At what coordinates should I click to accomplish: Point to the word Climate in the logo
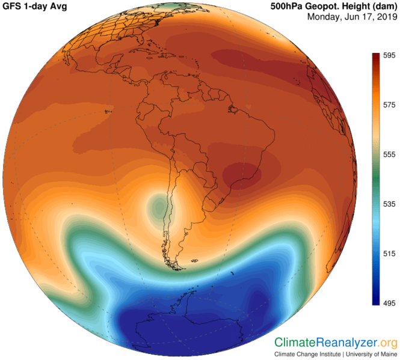pos(295,343)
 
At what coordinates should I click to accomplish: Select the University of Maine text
pos(369,354)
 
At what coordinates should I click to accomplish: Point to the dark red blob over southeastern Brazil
pos(241,174)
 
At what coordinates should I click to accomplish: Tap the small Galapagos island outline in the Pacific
pos(108,111)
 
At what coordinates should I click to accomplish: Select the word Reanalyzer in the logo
pos(348,343)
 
